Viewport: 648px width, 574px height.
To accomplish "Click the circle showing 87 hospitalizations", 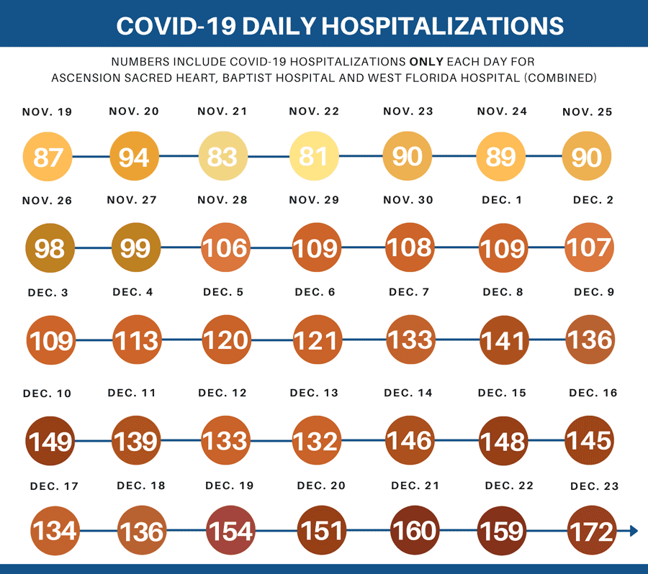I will pos(48,155).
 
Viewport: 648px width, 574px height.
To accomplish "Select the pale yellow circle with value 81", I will pos(313,155).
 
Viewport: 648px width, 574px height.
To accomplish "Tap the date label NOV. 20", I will pos(134,111).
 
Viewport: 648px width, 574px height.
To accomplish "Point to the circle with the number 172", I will pos(591,531).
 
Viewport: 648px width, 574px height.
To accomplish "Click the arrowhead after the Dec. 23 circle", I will pos(633,531).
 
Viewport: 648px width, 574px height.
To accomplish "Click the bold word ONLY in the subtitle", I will pos(431,62).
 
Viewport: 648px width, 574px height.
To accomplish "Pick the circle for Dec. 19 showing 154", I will pos(231,531).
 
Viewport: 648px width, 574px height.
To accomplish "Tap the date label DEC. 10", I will pos(47,393).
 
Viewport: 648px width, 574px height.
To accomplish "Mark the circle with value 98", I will pos(50,247).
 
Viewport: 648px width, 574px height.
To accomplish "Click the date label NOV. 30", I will pos(408,200).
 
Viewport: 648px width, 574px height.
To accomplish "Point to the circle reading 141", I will pos(503,340).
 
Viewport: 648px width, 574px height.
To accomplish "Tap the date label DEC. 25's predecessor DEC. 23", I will pos(594,487).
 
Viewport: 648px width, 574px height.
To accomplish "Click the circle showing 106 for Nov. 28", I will pos(225,247).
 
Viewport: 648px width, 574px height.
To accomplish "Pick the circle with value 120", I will pos(225,340).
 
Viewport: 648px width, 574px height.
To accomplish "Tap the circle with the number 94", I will pos(134,155).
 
